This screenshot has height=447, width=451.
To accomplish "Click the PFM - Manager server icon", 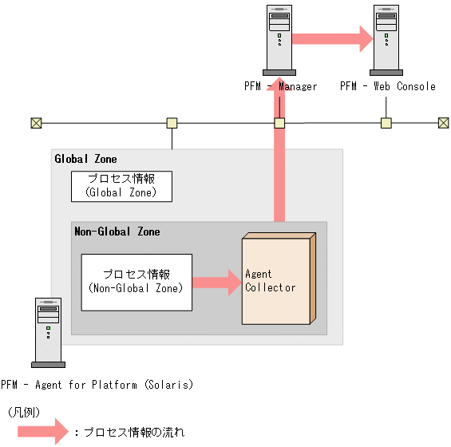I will [x=279, y=38].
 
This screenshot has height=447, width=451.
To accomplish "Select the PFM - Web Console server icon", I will [x=387, y=38].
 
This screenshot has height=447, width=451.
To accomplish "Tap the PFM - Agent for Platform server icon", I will [x=48, y=331].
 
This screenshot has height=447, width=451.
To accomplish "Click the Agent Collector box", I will [x=276, y=279].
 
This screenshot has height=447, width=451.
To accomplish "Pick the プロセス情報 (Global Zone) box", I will [x=121, y=185].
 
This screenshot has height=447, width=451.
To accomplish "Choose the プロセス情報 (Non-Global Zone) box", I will [x=136, y=282].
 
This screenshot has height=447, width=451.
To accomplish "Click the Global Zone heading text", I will [x=85, y=159].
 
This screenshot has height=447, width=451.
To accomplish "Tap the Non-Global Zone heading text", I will [x=117, y=231].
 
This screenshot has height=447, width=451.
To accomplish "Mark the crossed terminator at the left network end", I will [x=36, y=123].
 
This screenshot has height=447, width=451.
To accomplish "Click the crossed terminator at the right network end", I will [x=444, y=123].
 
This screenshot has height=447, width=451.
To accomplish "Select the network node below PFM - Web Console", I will [x=386, y=123].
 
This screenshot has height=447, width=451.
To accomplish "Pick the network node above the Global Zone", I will [x=172, y=123].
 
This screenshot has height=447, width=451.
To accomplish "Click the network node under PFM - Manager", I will [x=279, y=123].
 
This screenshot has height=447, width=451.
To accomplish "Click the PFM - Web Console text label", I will [x=388, y=86].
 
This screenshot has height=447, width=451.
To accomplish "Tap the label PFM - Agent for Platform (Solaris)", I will [x=97, y=385].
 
